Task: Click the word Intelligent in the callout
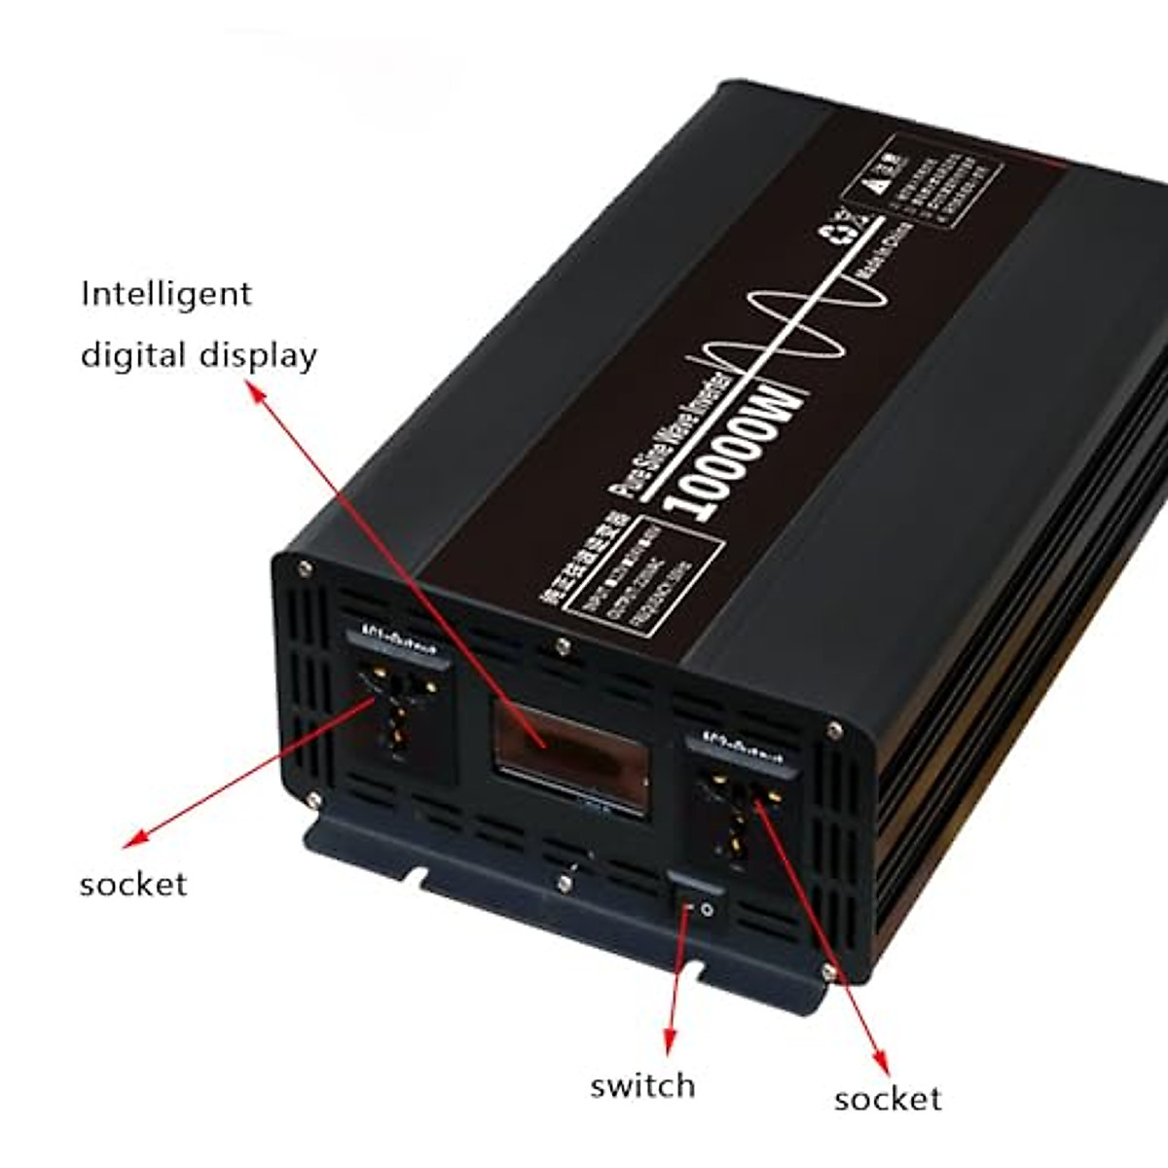pyautogui.click(x=166, y=294)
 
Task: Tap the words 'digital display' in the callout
pyautogui.click(x=199, y=355)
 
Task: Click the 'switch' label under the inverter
pyautogui.click(x=642, y=1085)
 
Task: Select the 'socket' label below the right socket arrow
pyautogui.click(x=888, y=1099)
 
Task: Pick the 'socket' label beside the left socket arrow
pyautogui.click(x=133, y=884)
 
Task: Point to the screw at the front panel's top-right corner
pyautogui.click(x=833, y=727)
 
